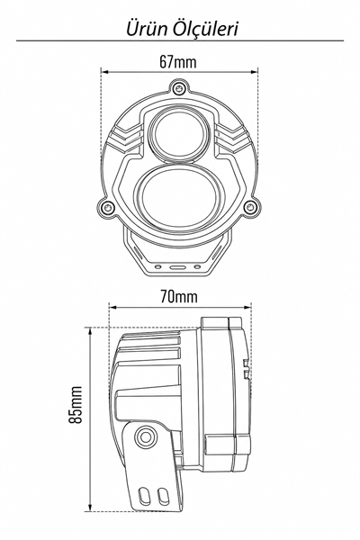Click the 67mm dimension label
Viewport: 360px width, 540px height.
tap(178, 62)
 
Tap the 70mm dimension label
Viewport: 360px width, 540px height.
tap(179, 296)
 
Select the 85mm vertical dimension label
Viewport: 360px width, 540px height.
tap(75, 405)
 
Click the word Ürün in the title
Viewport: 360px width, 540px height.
tap(147, 29)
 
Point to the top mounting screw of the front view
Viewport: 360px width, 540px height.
tap(178, 88)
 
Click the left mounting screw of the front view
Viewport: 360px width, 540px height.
tap(107, 207)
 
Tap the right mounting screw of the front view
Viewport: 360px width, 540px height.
tap(249, 207)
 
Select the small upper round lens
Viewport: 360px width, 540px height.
tap(180, 133)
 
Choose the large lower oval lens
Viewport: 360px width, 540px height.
tap(179, 198)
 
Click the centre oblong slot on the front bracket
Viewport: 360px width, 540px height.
tap(177, 267)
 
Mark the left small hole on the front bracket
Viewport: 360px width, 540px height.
tap(157, 267)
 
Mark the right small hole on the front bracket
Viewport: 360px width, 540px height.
tap(197, 267)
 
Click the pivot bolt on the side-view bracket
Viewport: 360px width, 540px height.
tap(146, 436)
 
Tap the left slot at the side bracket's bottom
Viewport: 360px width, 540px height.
tap(144, 495)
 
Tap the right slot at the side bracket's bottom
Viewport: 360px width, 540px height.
tap(161, 495)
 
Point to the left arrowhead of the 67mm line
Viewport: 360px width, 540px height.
tap(105, 72)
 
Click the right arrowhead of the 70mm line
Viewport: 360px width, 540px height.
tap(247, 307)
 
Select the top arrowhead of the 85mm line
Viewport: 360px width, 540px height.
tap(90, 331)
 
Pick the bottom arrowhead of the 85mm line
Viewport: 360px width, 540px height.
tap(90, 508)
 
